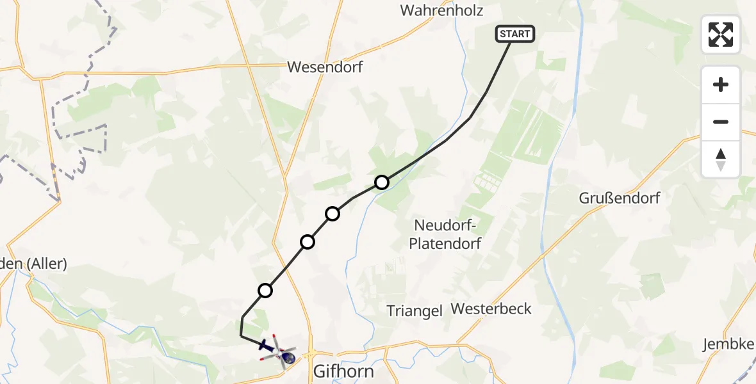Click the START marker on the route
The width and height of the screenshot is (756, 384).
coord(514,34)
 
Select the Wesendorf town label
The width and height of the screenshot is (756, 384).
coord(325,67)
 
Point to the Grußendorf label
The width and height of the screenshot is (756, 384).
coord(619,198)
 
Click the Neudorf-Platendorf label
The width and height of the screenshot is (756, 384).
coord(447,234)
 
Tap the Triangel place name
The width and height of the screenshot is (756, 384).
coord(415,311)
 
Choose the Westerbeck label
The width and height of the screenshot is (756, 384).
coord(491,308)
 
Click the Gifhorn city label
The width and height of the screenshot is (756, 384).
coord(343,371)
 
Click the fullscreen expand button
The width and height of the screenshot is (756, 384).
coord(721,35)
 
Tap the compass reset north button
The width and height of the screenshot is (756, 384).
coord(721,159)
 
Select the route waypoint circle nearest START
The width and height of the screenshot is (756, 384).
coord(382,182)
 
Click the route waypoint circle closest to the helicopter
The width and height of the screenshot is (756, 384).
coord(265,291)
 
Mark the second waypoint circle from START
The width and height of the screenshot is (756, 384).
coord(333,214)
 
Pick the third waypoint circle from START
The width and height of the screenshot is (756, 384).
coord(308,241)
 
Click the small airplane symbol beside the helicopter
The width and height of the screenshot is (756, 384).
coord(266,345)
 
